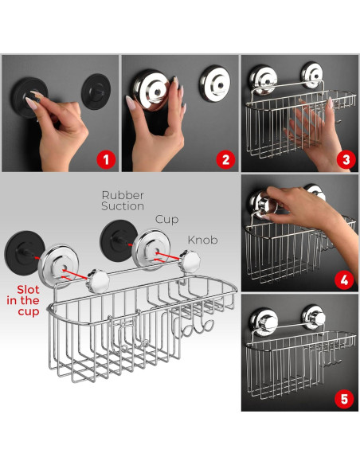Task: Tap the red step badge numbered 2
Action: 225,158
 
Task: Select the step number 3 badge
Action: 344,158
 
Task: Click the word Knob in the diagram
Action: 203,238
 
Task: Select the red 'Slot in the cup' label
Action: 28,300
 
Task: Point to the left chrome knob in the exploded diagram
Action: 96,279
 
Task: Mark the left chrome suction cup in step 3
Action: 262,76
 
